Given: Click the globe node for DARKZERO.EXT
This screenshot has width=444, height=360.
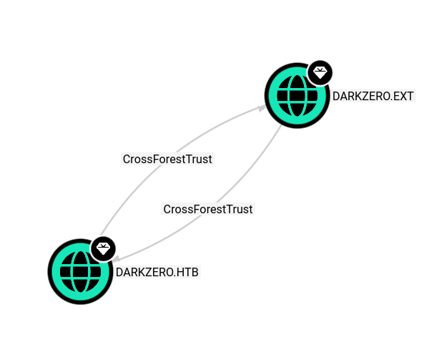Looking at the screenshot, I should [x=297, y=96].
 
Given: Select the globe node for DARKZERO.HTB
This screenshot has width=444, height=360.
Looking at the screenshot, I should [x=80, y=272].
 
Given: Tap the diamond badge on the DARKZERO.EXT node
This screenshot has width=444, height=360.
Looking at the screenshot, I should [x=320, y=72].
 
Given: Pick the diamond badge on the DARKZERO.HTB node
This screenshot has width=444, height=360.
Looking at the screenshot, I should [x=104, y=249].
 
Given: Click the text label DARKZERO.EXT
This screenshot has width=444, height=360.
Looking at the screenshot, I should [x=373, y=96].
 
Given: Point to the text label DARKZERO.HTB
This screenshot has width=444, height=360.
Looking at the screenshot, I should [x=157, y=272].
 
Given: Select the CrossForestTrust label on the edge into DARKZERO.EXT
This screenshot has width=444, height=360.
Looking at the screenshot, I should [x=167, y=159].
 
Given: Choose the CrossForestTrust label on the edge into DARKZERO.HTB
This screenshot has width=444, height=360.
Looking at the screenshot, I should [x=208, y=209].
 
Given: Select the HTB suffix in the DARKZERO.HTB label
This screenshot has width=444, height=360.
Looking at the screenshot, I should [x=187, y=272].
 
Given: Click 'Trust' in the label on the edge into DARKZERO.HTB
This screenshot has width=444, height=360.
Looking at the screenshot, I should [x=240, y=209].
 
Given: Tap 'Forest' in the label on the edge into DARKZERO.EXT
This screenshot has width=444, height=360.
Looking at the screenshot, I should [x=170, y=159].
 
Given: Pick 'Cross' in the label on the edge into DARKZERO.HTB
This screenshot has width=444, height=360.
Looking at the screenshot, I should [x=177, y=209].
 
